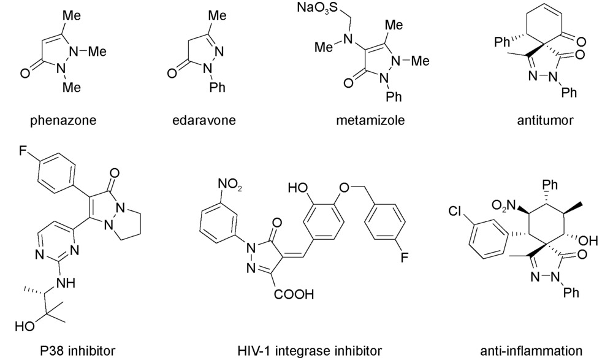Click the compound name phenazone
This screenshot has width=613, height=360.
63,120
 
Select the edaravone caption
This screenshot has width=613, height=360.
204,120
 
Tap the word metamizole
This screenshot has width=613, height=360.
370,120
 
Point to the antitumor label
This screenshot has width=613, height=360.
545,120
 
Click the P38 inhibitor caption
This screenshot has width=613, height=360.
78,350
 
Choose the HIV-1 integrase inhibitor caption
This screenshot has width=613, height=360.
310,350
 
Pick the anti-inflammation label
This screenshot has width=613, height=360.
531,350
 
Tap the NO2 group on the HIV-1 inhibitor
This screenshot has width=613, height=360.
230,184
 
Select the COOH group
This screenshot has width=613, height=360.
294,294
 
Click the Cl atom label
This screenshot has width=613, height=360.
455,212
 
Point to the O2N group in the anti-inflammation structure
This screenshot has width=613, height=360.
503,205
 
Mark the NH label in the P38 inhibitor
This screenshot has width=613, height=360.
66,283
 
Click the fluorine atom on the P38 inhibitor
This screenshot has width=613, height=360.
23,151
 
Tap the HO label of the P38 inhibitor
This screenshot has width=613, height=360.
25,326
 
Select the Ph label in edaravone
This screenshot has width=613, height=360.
218,87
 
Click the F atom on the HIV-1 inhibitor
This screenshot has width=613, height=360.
404,257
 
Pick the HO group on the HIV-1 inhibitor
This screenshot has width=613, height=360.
297,188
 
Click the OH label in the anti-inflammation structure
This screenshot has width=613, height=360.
588,240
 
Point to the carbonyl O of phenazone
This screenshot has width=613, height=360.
25,73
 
